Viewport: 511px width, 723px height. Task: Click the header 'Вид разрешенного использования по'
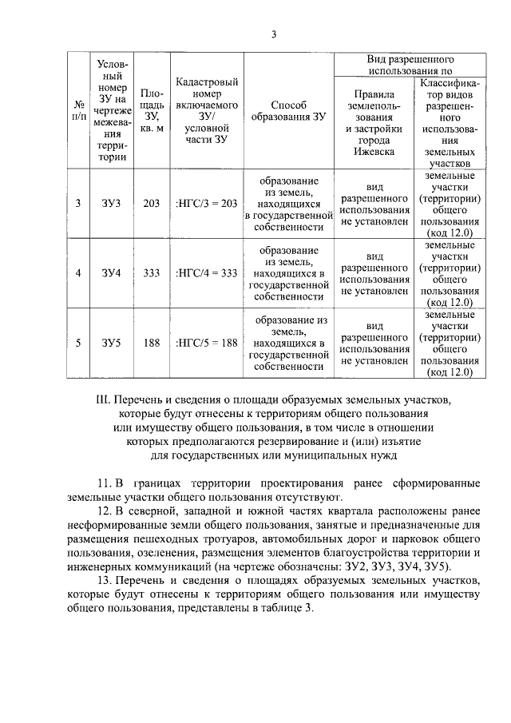[410, 65]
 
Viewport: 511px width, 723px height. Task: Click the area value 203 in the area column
[152, 204]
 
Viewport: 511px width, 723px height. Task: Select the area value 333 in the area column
[152, 273]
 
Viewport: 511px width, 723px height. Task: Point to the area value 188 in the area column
[152, 344]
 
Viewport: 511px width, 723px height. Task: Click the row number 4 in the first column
[78, 273]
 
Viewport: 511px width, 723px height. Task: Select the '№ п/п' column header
[78, 110]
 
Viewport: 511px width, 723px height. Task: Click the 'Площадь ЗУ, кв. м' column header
[152, 110]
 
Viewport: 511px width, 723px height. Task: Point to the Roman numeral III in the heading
[100, 399]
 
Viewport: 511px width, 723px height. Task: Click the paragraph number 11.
[102, 484]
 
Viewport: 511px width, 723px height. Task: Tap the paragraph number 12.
[102, 510]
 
